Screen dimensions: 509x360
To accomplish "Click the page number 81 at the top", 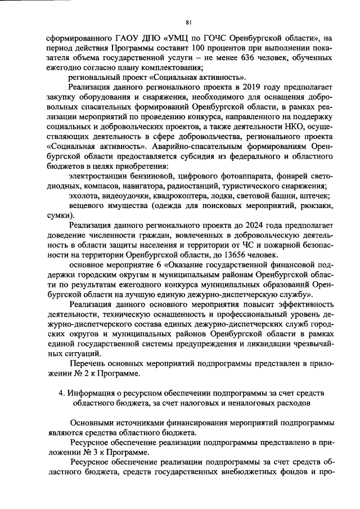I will pos(188,22).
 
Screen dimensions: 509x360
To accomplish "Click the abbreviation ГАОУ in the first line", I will pos(116,38).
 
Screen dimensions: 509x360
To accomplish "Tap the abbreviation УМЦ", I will pos(181,38).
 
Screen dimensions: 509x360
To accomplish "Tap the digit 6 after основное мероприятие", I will pos(153,267).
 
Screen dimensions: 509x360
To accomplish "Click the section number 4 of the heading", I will pos(61,392).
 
